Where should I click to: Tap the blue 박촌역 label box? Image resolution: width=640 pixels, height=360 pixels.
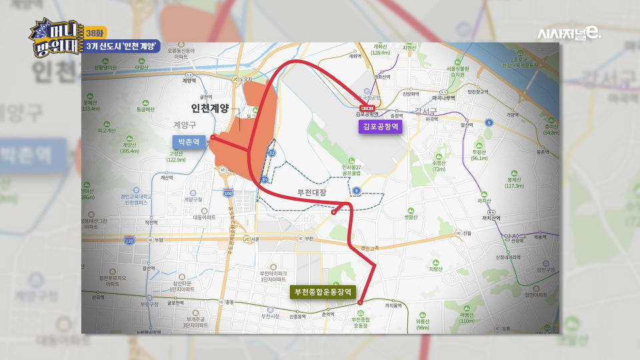click(x=188, y=141)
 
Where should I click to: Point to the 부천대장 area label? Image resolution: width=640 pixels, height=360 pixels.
click(x=313, y=192)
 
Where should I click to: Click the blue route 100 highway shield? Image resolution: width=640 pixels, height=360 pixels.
click(x=229, y=193)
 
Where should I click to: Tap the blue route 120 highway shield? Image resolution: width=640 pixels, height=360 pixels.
click(x=129, y=239)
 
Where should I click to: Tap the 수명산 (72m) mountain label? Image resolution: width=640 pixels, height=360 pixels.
click(x=439, y=166)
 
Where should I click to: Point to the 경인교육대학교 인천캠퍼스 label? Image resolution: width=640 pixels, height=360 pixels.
click(x=136, y=199)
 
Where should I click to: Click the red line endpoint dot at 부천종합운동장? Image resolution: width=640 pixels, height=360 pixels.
click(x=360, y=303)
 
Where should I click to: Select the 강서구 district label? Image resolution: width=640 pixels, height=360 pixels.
click(x=424, y=111)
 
